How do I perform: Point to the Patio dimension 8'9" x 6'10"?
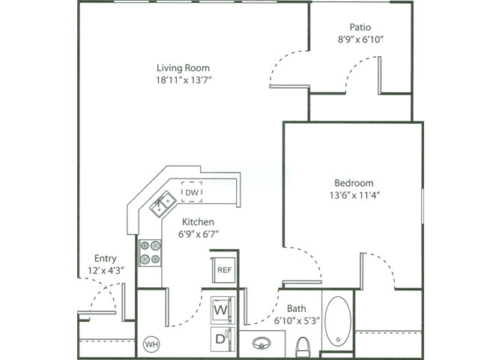pyautogui.click(x=361, y=39)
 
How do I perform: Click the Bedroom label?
pyautogui.click(x=354, y=182)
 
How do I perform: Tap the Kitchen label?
pyautogui.click(x=199, y=222)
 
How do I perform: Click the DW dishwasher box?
pyautogui.click(x=193, y=193)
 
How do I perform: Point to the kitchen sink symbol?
pyautogui.click(x=163, y=203)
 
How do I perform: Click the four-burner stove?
pyautogui.click(x=150, y=252)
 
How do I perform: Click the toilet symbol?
pyautogui.click(x=303, y=346)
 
